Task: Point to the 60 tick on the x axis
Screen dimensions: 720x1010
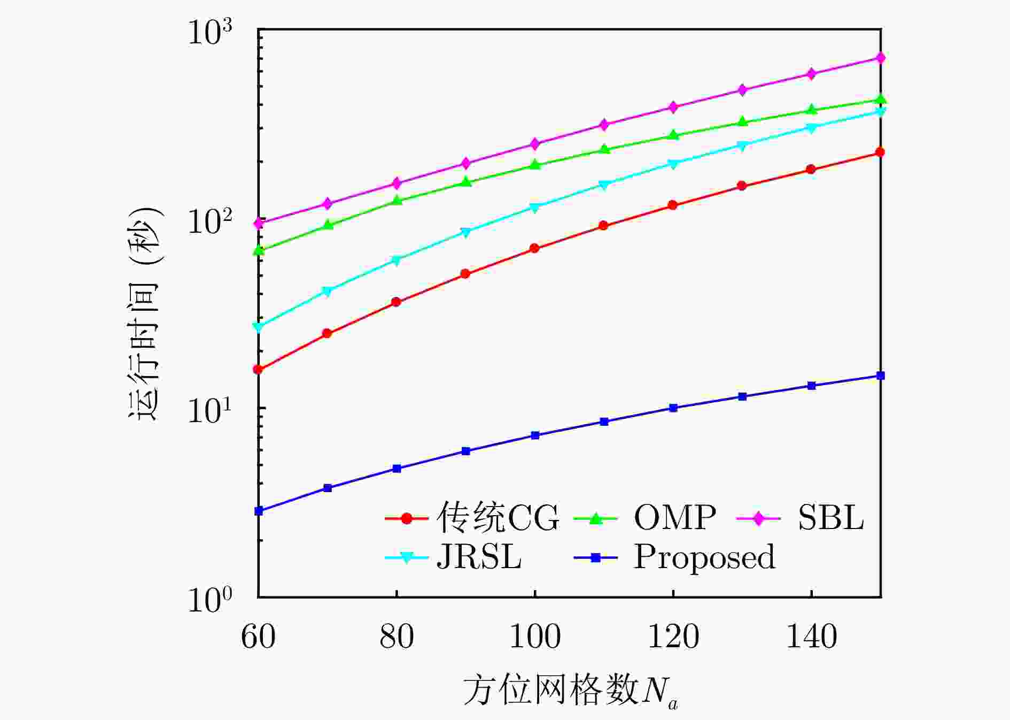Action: [258, 637]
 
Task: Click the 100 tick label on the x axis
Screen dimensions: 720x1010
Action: [535, 637]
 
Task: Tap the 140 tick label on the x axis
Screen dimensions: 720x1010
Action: [811, 637]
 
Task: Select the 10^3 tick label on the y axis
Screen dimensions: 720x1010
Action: [210, 33]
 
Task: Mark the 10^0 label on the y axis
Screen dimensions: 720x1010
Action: [210, 600]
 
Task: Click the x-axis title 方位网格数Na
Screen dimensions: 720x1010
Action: [570, 691]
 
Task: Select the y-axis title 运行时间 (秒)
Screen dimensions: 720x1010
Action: [144, 313]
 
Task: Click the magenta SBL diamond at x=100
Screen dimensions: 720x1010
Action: [535, 144]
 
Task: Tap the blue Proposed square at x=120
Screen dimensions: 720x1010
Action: [673, 408]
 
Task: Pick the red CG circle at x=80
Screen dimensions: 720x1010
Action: [396, 302]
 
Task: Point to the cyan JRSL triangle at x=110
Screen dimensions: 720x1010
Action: [604, 185]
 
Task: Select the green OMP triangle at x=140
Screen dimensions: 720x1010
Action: [811, 110]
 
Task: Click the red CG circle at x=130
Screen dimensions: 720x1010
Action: [742, 186]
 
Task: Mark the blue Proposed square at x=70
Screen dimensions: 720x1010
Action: [328, 488]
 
